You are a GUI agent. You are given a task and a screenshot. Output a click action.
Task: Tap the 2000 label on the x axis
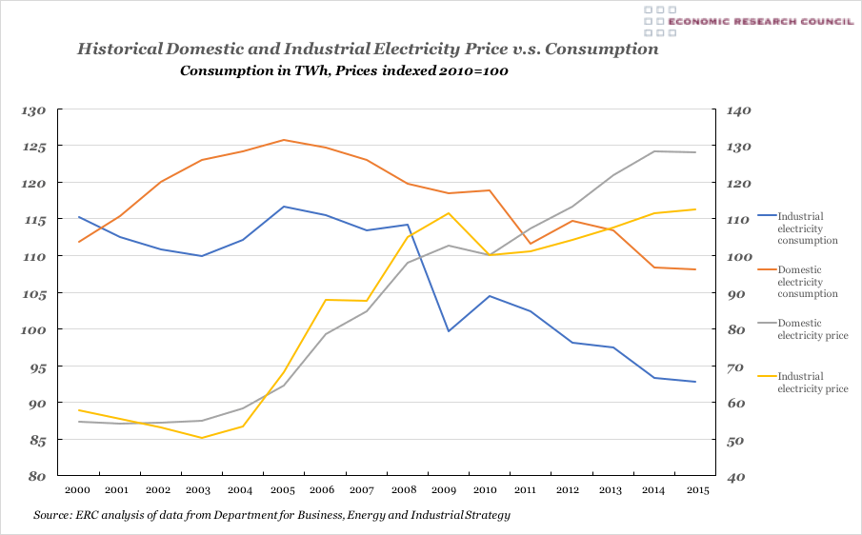78,489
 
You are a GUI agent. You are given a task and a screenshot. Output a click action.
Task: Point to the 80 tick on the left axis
36,477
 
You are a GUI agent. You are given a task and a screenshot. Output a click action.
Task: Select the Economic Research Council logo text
760,21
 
